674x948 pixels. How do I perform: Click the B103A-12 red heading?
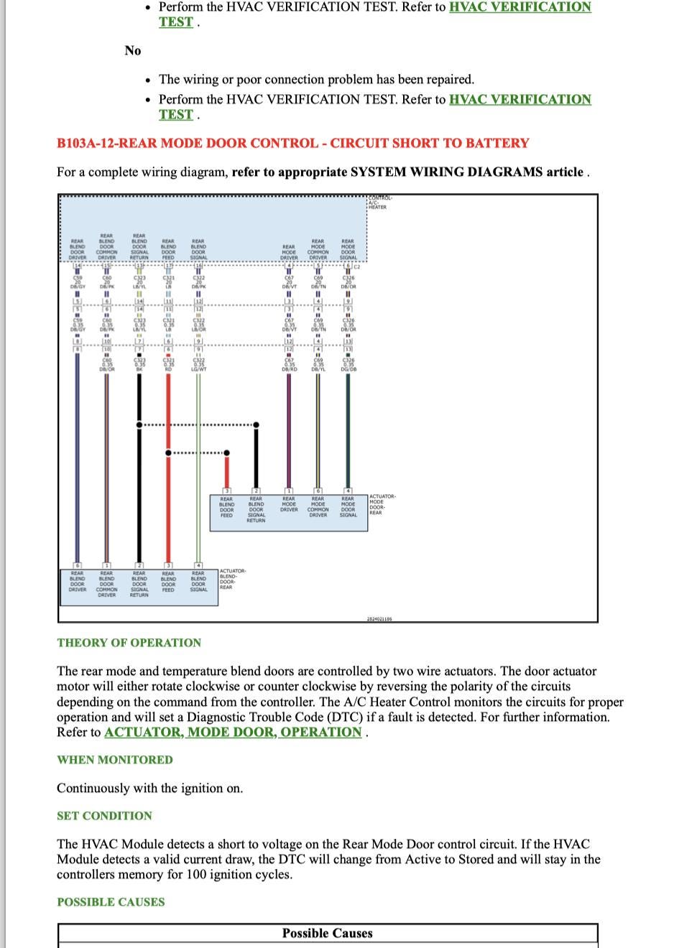click(x=292, y=143)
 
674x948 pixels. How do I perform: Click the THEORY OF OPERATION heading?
click(x=129, y=643)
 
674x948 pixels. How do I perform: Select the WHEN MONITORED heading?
click(x=115, y=760)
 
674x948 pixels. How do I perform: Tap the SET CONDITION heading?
click(x=105, y=816)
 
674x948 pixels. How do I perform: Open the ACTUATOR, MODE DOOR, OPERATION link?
click(x=233, y=733)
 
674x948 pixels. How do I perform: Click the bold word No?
click(x=133, y=50)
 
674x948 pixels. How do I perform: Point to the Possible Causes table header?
click(x=327, y=934)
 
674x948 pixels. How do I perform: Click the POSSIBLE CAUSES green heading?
click(x=111, y=902)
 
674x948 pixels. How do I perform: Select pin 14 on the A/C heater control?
click(x=77, y=266)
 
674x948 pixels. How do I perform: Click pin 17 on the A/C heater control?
click(x=168, y=266)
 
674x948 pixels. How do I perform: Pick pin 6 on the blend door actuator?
click(x=77, y=565)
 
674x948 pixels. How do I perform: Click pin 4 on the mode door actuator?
click(x=348, y=491)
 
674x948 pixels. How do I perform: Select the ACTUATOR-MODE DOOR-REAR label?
click(x=382, y=504)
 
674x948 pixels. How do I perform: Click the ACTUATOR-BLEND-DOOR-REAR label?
click(x=232, y=579)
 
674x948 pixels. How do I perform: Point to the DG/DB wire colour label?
click(x=348, y=369)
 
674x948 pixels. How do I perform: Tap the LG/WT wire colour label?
click(x=198, y=369)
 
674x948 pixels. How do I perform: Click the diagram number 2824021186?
click(x=379, y=618)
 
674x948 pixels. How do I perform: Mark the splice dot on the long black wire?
click(x=139, y=425)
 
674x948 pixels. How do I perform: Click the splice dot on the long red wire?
click(x=168, y=452)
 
